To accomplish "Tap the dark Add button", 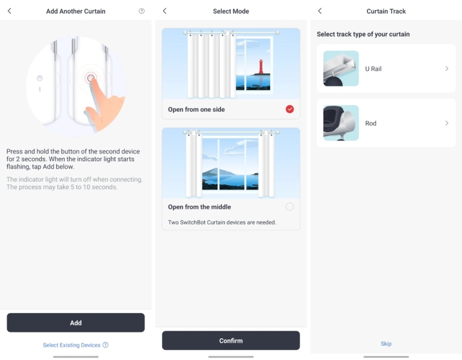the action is (76, 323).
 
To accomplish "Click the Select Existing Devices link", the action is (71, 345).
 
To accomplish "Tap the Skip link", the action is (386, 344).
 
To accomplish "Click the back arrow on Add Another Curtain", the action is (10, 11).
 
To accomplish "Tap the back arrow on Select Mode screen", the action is (165, 11).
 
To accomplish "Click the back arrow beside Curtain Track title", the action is (320, 11).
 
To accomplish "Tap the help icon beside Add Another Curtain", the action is (142, 11).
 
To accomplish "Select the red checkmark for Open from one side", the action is (290, 109).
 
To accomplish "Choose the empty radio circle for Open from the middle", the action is (290, 206).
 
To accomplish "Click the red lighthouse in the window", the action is (261, 67).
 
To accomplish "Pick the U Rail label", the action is (373, 68).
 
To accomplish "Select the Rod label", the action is (371, 123).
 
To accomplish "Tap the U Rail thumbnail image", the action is (341, 68).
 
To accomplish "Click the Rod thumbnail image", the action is (341, 123).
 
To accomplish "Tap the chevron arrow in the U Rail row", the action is (446, 68).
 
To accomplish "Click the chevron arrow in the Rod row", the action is (446, 123).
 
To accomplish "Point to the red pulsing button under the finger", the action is (91, 78).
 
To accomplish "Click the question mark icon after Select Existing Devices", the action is (106, 345).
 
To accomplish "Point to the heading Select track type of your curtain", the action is (363, 34).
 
